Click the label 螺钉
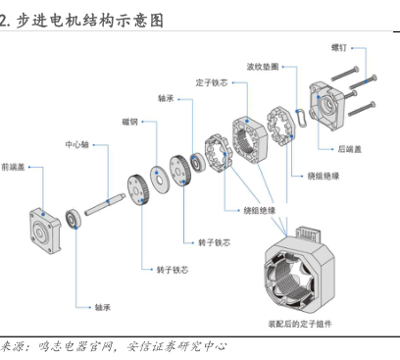click(339, 48)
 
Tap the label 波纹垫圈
click(263, 67)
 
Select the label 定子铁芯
click(212, 82)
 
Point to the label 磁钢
click(129, 122)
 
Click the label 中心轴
click(76, 144)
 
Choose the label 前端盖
click(13, 167)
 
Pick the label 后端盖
click(349, 149)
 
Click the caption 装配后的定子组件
click(300, 324)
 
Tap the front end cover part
click(45, 231)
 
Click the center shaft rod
click(105, 204)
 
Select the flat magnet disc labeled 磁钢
click(160, 180)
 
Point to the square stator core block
click(250, 139)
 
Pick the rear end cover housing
click(326, 105)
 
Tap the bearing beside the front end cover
click(73, 219)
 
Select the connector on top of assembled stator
click(308, 233)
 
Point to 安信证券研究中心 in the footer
click(176, 346)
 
